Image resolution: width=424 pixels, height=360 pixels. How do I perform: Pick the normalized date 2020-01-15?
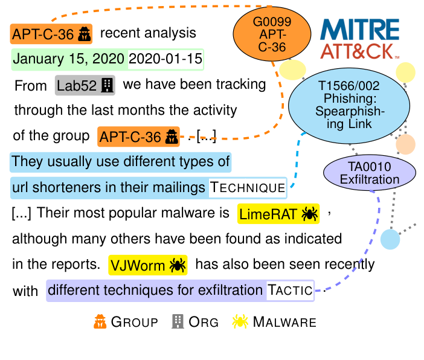(x=165, y=60)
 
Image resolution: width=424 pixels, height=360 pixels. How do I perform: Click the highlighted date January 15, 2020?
(x=69, y=60)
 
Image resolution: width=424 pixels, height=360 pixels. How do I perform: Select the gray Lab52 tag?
(x=85, y=85)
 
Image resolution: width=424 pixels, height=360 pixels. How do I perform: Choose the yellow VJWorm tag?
(x=147, y=265)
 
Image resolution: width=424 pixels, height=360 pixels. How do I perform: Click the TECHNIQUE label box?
(x=247, y=188)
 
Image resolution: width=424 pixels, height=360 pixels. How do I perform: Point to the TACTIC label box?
(x=291, y=291)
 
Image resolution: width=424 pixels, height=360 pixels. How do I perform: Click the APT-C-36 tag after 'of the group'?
(x=139, y=137)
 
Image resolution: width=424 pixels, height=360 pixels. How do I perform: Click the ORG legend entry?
(x=194, y=322)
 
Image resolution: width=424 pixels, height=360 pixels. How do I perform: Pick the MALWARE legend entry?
(x=274, y=322)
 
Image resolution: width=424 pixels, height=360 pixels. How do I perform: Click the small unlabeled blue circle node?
(x=390, y=239)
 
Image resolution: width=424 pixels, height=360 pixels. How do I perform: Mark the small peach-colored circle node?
(x=405, y=145)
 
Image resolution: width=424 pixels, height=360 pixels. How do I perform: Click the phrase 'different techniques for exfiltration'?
(x=155, y=291)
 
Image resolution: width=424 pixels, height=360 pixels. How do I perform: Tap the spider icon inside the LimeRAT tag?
(x=310, y=213)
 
